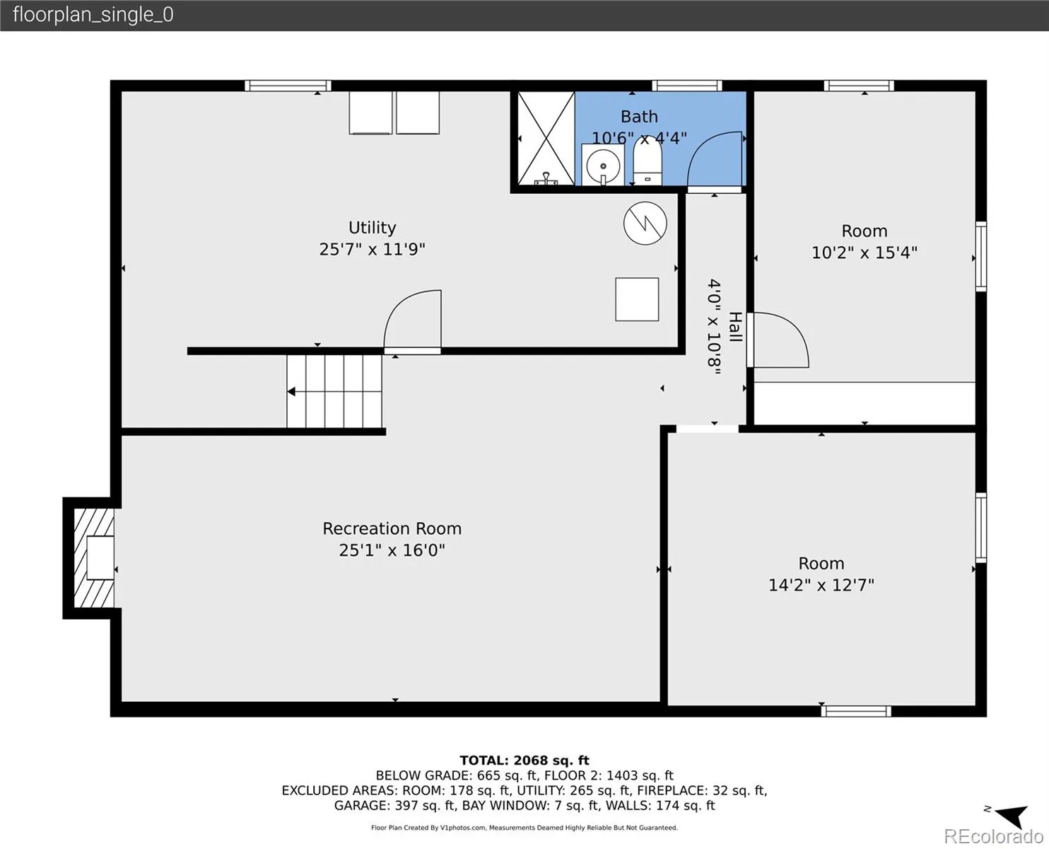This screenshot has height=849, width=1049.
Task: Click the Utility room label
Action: (x=372, y=228)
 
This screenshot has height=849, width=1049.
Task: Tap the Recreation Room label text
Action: (x=392, y=529)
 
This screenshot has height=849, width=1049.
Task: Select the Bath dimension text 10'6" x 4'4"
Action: (x=639, y=139)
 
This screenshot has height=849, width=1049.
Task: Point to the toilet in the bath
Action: (x=647, y=160)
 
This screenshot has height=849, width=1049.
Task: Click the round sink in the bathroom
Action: (x=603, y=166)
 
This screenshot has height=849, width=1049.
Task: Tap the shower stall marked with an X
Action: (x=546, y=139)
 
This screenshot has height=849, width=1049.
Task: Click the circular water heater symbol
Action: (x=645, y=223)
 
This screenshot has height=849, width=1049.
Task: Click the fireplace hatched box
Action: (x=94, y=558)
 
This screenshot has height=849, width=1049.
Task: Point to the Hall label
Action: (x=735, y=327)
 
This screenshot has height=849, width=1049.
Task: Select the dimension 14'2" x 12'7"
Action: (x=821, y=585)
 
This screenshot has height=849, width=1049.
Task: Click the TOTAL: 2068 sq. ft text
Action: (x=524, y=761)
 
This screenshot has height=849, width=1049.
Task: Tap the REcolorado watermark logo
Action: (x=993, y=836)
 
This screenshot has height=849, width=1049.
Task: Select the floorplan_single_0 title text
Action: (x=93, y=15)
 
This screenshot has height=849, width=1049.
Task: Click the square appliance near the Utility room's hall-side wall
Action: (x=637, y=299)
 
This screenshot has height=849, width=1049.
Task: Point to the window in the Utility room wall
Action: (x=288, y=86)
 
